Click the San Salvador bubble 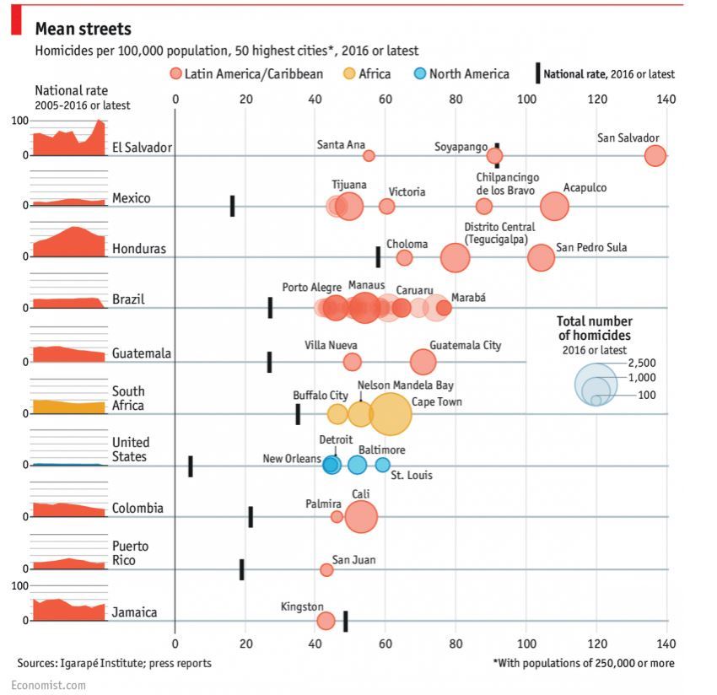pyautogui.click(x=655, y=155)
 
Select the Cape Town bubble pyautogui.click(x=390, y=413)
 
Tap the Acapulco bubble pyautogui.click(x=554, y=206)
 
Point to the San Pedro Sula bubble pyautogui.click(x=541, y=257)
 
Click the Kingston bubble pyautogui.click(x=326, y=622)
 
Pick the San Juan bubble pyautogui.click(x=326, y=570)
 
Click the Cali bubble pyautogui.click(x=361, y=516)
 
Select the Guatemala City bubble pyautogui.click(x=423, y=362)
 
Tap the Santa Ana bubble pyautogui.click(x=369, y=155)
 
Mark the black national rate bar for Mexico pyautogui.click(x=232, y=205)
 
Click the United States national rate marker pyautogui.click(x=190, y=466)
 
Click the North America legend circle pyautogui.click(x=418, y=73)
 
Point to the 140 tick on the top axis pyautogui.click(x=666, y=100)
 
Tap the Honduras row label pyautogui.click(x=138, y=249)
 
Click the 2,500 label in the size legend pyautogui.click(x=641, y=364)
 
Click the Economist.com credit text pyautogui.click(x=49, y=686)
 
